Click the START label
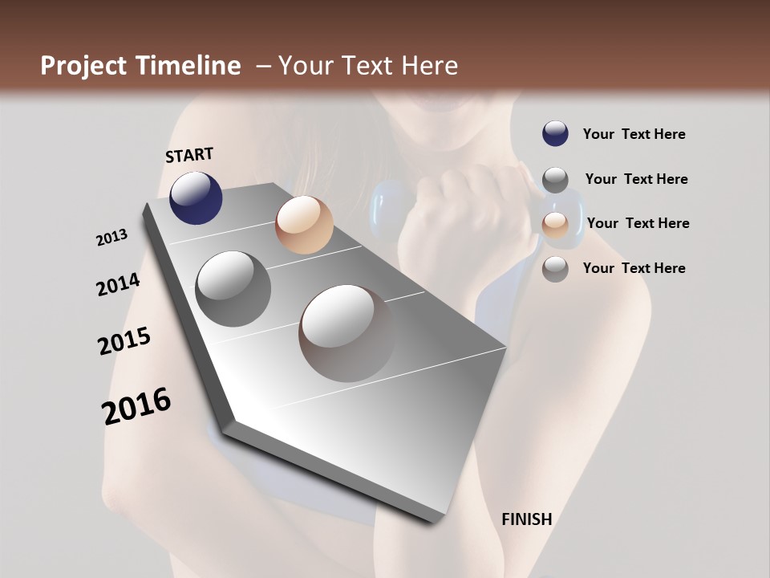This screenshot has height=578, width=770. click(189, 155)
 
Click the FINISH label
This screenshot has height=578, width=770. click(527, 519)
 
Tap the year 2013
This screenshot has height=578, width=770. click(112, 238)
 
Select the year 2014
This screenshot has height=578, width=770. click(118, 284)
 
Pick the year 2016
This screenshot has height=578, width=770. click(136, 406)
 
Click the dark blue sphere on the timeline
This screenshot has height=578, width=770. click(196, 197)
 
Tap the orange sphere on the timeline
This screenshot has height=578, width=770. click(304, 225)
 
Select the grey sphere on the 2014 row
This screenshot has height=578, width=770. click(233, 288)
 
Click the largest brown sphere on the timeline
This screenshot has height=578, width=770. click(347, 333)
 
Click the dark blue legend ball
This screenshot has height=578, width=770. click(555, 133)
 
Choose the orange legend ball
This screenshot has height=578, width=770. click(555, 225)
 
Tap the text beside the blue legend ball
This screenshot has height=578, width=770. click(634, 134)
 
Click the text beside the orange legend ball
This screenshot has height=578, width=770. click(638, 223)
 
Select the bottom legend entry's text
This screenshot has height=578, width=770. click(634, 268)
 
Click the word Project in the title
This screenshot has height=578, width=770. click(83, 66)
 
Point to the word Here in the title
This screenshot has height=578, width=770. click(429, 66)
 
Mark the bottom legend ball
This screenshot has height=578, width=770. click(555, 269)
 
